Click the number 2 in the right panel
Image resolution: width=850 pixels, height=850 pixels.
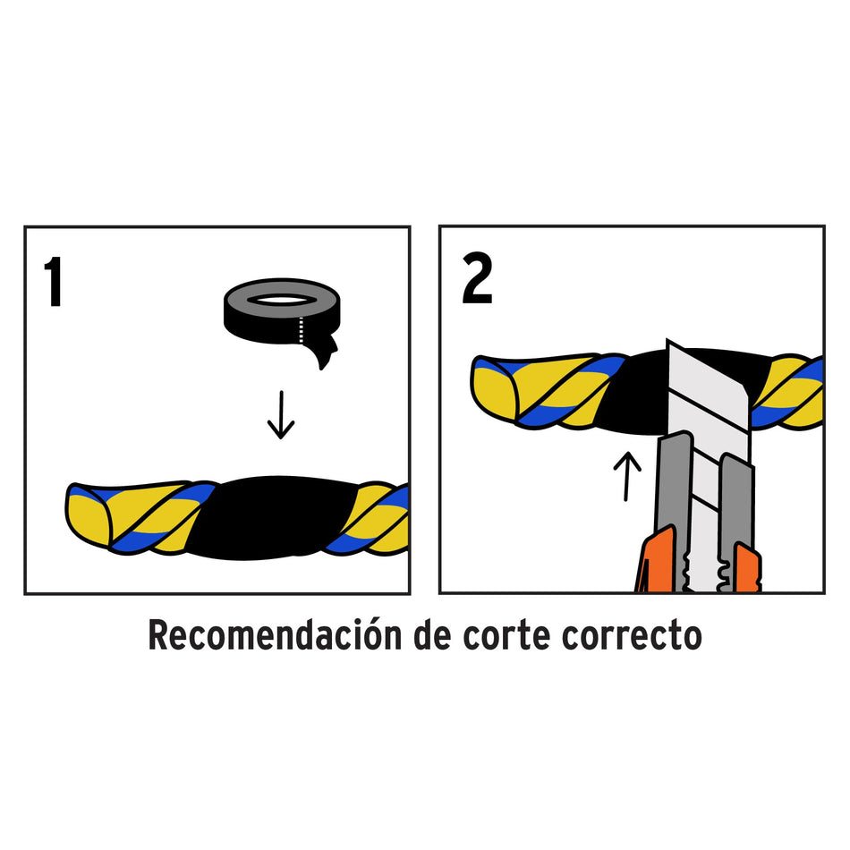pyautogui.click(x=477, y=279)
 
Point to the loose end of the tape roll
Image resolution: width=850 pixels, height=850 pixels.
pyautogui.click(x=325, y=354)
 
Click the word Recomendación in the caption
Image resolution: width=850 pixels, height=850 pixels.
pyautogui.click(x=273, y=636)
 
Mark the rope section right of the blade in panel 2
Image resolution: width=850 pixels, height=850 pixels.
pyautogui.click(x=787, y=389)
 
